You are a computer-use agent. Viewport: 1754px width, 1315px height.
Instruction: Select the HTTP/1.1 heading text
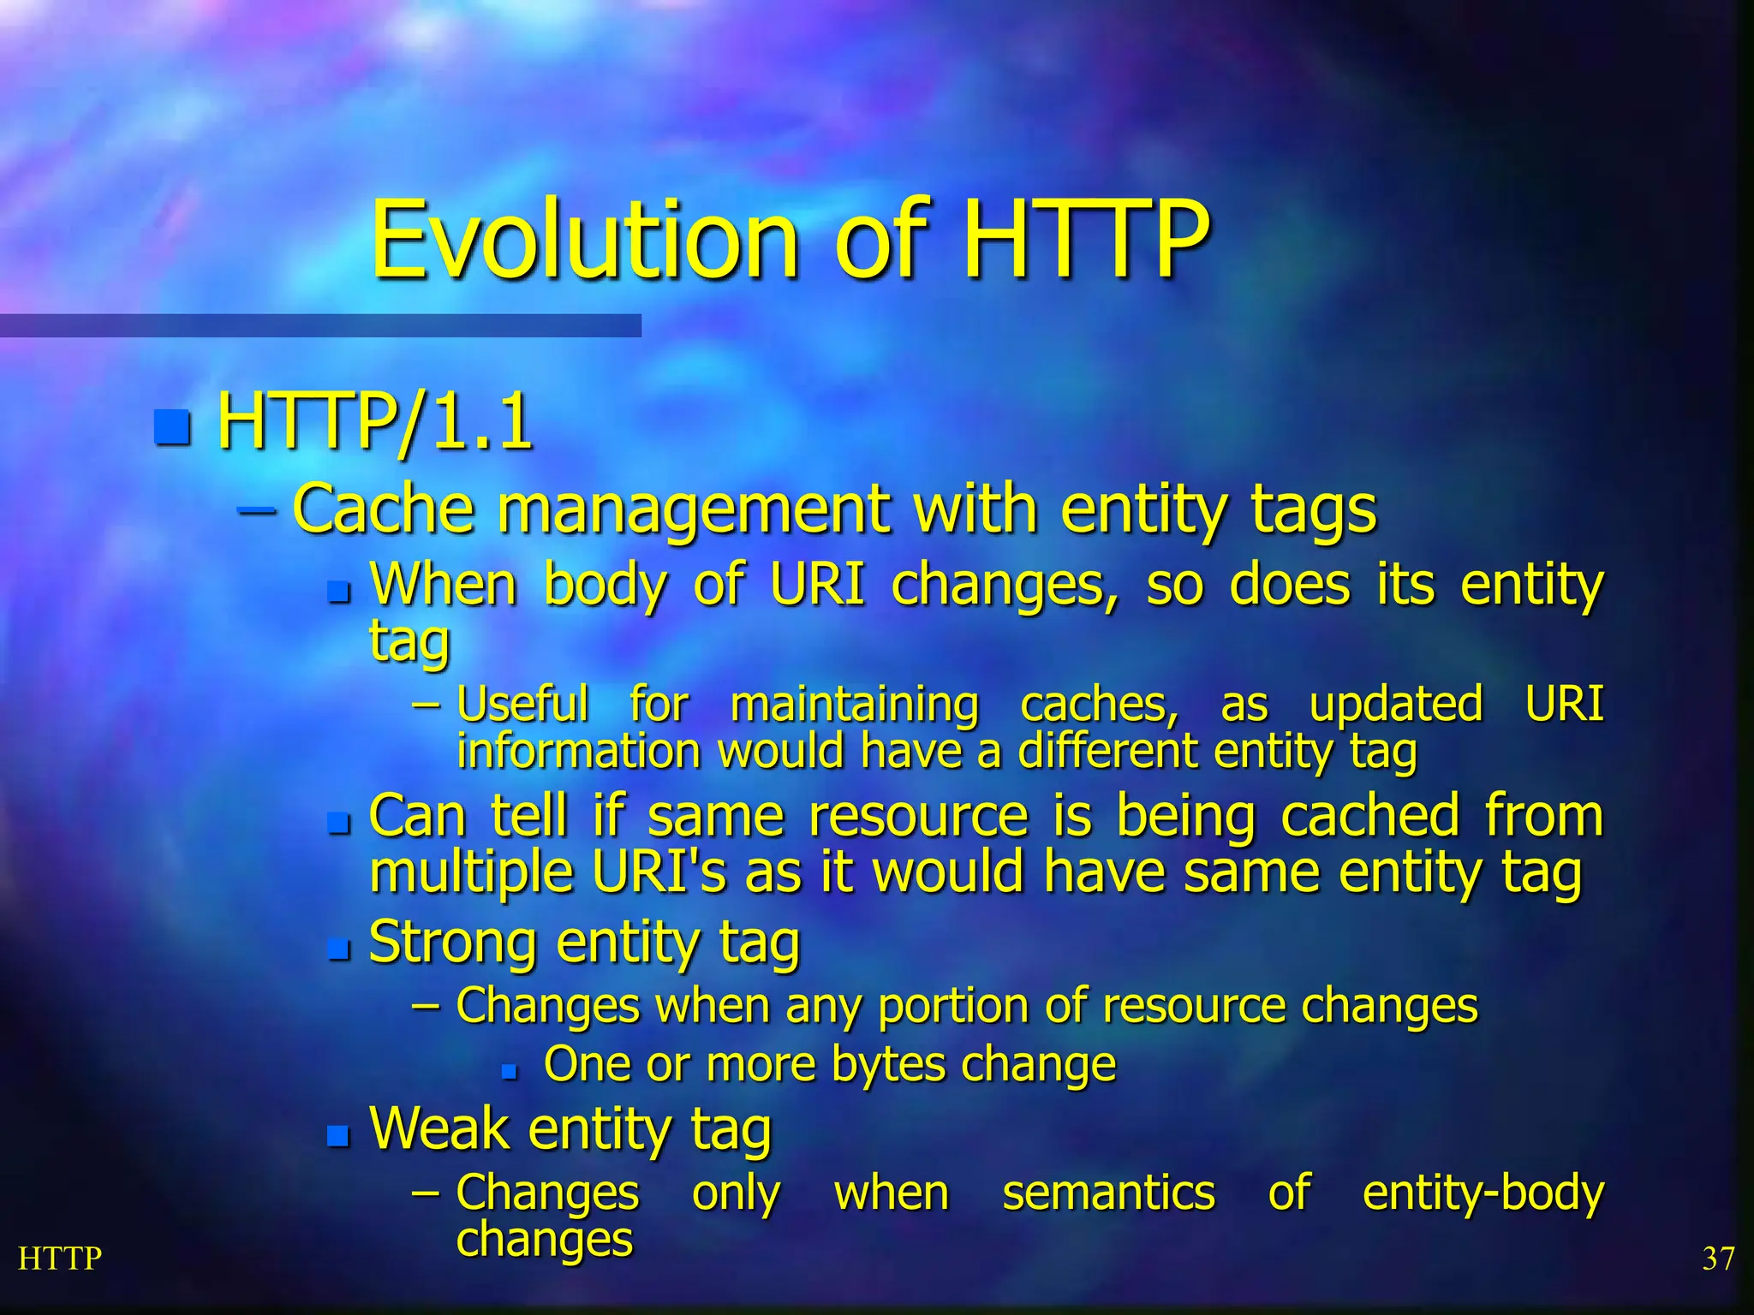(x=374, y=421)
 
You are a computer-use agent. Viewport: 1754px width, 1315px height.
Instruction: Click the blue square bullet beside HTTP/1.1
(x=172, y=427)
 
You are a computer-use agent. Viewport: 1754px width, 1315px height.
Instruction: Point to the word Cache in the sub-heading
(x=383, y=509)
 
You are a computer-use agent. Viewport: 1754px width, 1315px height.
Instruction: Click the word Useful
(x=522, y=705)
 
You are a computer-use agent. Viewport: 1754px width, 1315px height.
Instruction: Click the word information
(x=579, y=752)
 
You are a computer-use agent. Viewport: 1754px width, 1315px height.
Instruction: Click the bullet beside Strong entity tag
(x=339, y=949)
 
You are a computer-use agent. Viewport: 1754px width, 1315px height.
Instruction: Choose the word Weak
(x=438, y=1128)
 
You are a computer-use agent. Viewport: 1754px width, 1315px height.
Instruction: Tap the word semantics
(x=1107, y=1193)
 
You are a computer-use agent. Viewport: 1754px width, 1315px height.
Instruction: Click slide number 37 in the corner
(x=1718, y=1259)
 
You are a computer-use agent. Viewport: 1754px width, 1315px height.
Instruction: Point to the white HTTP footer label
(x=60, y=1258)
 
